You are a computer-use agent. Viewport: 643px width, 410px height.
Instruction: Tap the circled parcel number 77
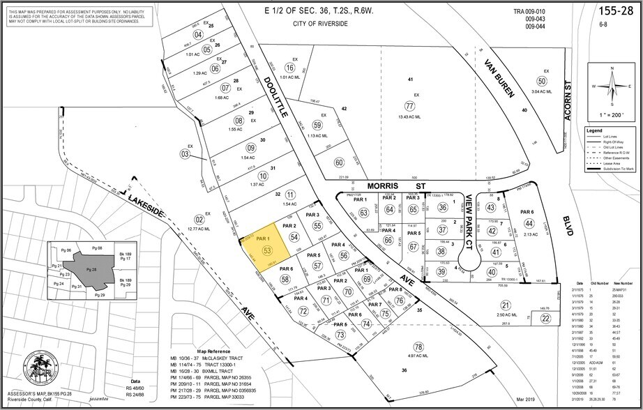point(409,105)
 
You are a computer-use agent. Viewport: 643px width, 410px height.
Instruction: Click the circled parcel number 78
point(418,347)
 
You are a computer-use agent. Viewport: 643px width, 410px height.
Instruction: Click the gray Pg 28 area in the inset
point(89,268)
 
